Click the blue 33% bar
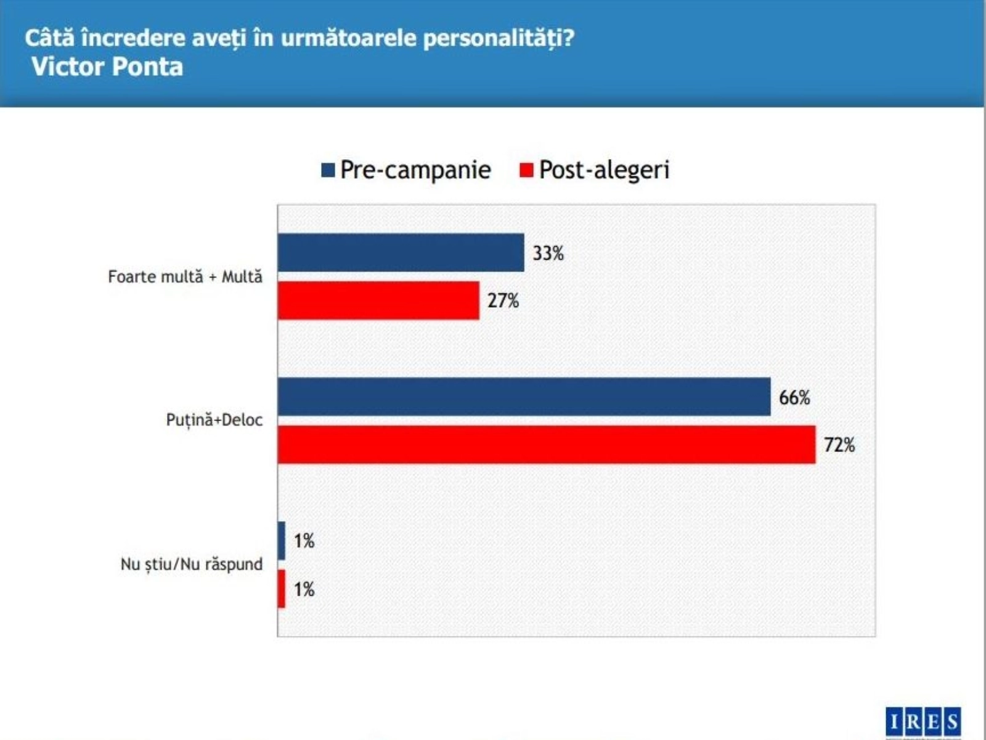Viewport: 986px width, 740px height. pyautogui.click(x=401, y=252)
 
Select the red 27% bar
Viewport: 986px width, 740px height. pyautogui.click(x=378, y=300)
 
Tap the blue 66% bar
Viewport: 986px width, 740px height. pyautogui.click(x=524, y=397)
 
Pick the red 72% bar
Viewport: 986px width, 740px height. pyautogui.click(x=547, y=445)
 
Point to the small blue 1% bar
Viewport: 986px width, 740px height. pyautogui.click(x=282, y=541)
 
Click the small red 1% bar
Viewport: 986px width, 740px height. pyautogui.click(x=282, y=589)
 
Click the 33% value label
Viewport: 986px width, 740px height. pyautogui.click(x=548, y=253)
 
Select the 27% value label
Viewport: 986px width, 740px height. pyautogui.click(x=503, y=300)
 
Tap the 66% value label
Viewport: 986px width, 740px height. pyautogui.click(x=794, y=397)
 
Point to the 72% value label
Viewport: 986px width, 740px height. pyautogui.click(x=839, y=445)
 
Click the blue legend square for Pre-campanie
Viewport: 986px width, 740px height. pyautogui.click(x=328, y=170)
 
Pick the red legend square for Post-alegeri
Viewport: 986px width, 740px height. pyautogui.click(x=526, y=170)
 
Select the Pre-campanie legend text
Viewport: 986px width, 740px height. pyautogui.click(x=415, y=170)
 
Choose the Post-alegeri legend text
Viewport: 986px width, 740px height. pyautogui.click(x=604, y=170)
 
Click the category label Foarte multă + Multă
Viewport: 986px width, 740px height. pyautogui.click(x=185, y=276)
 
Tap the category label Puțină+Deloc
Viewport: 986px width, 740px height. pyautogui.click(x=214, y=420)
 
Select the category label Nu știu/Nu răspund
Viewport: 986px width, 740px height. pyautogui.click(x=191, y=564)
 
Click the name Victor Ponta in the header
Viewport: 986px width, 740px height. pyautogui.click(x=107, y=67)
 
